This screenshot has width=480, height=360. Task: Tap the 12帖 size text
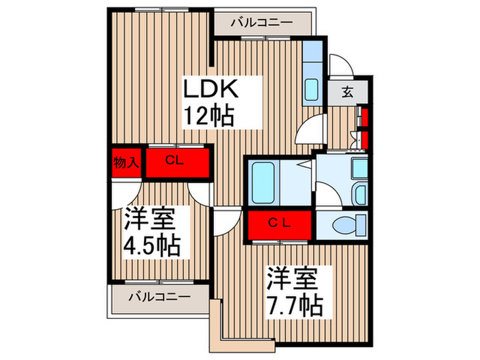tap(208, 115)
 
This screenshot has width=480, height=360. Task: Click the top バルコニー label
tap(261, 23)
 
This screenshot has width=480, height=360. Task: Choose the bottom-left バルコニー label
tap(159, 297)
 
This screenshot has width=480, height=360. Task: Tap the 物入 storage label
tap(127, 163)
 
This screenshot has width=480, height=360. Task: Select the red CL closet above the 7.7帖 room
tap(281, 224)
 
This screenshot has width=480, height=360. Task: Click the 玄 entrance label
tap(348, 93)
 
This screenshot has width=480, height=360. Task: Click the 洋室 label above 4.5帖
tap(149, 221)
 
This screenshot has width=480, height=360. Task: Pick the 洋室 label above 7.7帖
tap(292, 278)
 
